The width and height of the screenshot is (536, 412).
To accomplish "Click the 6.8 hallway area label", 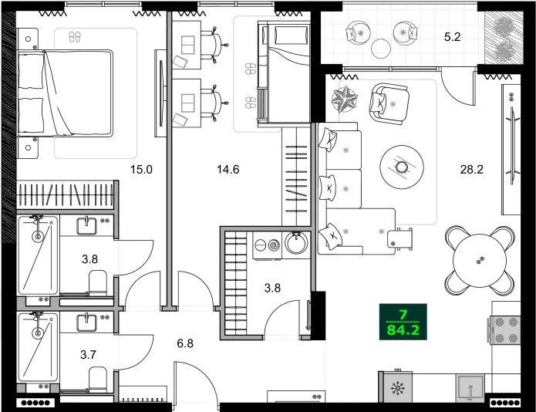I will click(185, 343).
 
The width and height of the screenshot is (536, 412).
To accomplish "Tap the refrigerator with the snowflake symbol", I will click(398, 387).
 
